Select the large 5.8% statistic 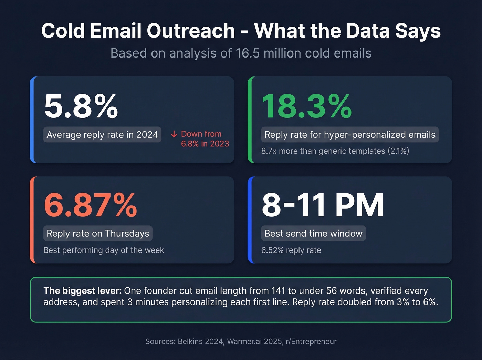(81, 106)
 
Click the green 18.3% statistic (306, 106)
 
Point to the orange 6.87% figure (90, 205)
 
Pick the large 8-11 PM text (323, 205)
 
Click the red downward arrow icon (174, 134)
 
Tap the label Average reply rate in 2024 (102, 135)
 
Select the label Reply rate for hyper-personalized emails (350, 135)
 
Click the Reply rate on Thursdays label (98, 234)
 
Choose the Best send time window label (313, 234)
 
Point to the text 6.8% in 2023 (205, 144)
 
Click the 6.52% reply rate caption (291, 250)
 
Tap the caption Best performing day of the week (104, 250)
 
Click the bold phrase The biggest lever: (82, 291)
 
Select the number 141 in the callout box (278, 291)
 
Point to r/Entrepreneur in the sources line (311, 341)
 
